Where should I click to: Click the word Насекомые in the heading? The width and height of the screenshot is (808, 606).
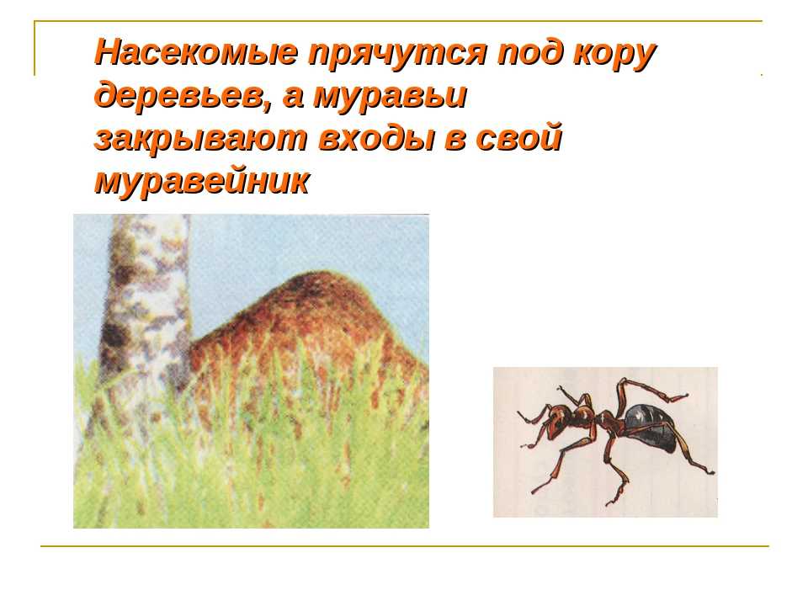click(196, 52)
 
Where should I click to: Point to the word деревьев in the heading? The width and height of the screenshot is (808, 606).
click(178, 95)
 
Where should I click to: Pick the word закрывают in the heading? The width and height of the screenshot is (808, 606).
click(201, 139)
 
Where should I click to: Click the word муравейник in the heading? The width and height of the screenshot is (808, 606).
click(201, 181)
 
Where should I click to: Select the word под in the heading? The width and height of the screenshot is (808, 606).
click(524, 52)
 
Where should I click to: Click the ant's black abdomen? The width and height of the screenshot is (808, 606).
click(650, 427)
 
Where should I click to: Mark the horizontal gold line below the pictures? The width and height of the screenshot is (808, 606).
click(405, 545)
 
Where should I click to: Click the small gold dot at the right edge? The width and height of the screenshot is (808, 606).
click(762, 75)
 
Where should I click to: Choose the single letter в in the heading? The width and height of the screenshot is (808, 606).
click(454, 141)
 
